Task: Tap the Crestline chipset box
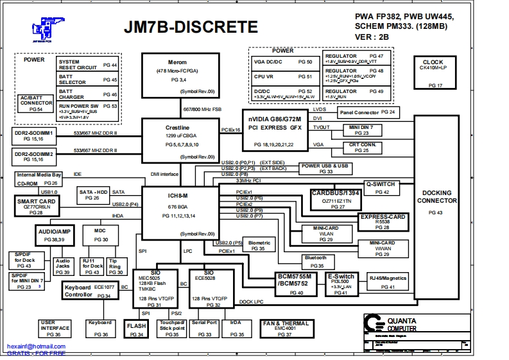click(x=181, y=140)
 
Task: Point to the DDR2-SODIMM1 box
click(x=33, y=135)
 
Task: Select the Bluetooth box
click(x=317, y=261)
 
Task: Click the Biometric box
click(x=259, y=245)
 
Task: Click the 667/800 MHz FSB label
click(x=202, y=109)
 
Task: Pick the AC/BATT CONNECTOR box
click(x=36, y=103)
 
